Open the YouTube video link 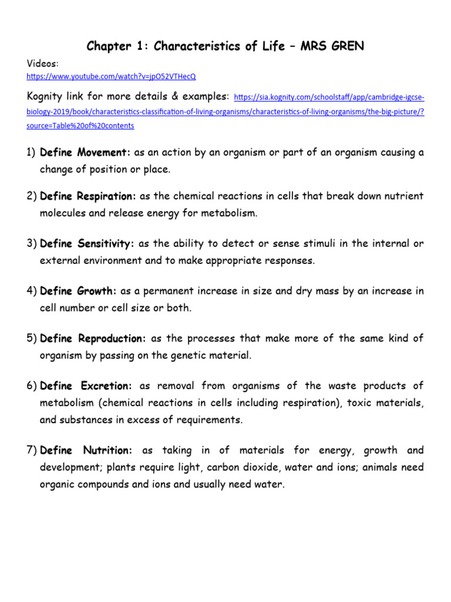(x=112, y=76)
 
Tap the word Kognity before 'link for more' (x=48, y=96)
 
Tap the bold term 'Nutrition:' (x=107, y=451)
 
